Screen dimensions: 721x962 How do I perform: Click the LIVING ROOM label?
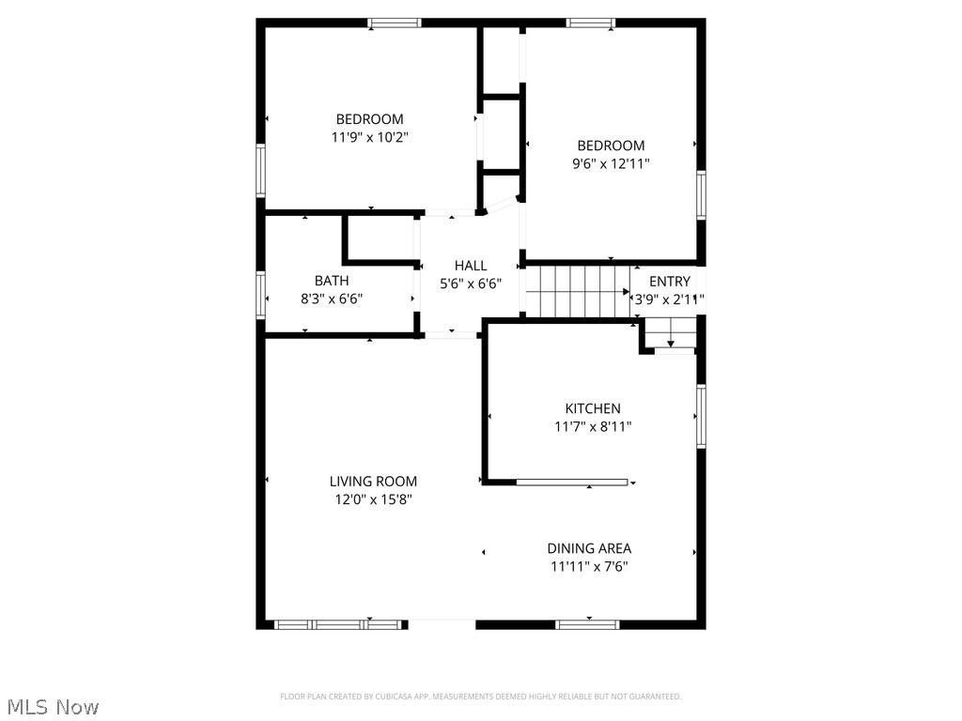[x=373, y=482]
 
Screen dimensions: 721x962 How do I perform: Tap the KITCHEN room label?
[x=592, y=408]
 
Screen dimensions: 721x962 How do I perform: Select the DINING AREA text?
[x=589, y=548]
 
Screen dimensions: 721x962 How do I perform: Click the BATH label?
[x=331, y=281]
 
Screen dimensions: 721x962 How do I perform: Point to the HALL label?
[x=471, y=266]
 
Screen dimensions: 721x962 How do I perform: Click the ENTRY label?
[x=669, y=281]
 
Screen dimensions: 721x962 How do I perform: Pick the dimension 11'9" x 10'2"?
[x=369, y=137]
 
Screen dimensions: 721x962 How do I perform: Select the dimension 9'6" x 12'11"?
[x=611, y=163]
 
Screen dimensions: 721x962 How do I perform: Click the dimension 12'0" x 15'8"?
[x=373, y=499]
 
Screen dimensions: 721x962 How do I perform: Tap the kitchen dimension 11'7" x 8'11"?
[x=592, y=426]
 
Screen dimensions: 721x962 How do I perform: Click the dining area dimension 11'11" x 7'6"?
[x=589, y=566]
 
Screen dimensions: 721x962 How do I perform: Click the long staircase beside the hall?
[x=576, y=291]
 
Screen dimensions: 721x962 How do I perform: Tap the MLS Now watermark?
[x=53, y=706]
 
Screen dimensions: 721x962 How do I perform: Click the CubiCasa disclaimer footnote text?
[x=480, y=697]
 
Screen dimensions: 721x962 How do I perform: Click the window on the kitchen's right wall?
[x=701, y=416]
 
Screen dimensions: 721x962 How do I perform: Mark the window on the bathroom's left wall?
[x=261, y=294]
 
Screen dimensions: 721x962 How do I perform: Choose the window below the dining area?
[x=587, y=623]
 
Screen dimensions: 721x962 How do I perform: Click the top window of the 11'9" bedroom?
[x=394, y=23]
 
